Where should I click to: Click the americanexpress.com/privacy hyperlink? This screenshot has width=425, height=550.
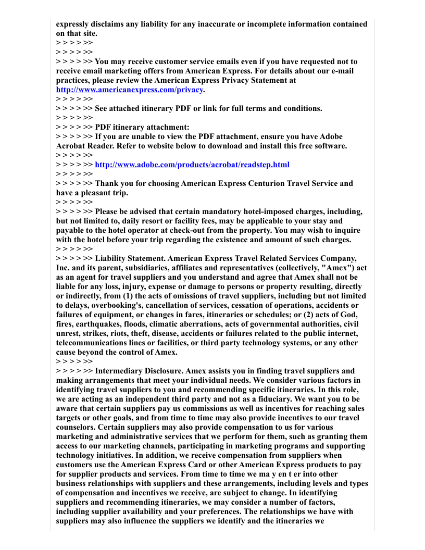(129, 90)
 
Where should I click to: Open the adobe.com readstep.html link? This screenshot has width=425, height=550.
(192, 165)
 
